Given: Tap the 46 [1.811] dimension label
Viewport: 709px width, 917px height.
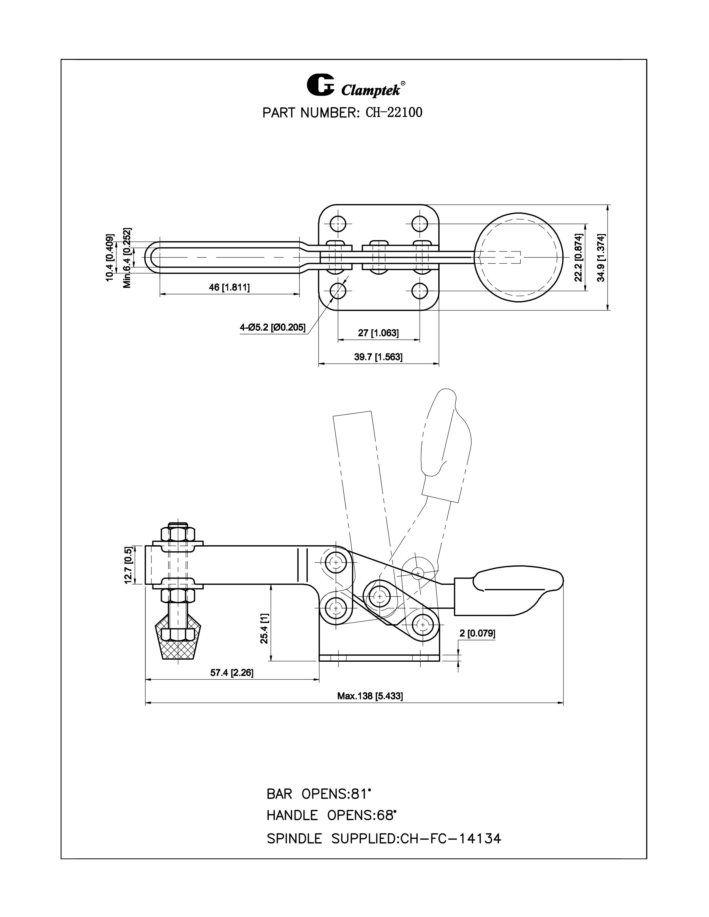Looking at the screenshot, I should pyautogui.click(x=229, y=288).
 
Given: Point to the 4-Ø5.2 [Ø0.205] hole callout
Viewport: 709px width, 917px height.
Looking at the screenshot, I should pyautogui.click(x=272, y=327).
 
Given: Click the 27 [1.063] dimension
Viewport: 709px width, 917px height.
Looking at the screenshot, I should pyautogui.click(x=378, y=333).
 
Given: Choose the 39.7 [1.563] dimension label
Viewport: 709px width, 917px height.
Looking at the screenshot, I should pyautogui.click(x=378, y=357).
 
